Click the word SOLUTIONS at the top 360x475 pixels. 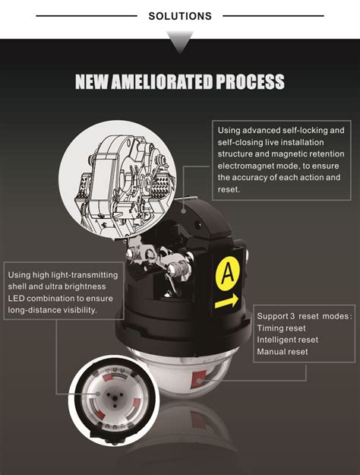[180, 16]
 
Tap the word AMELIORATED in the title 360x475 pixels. [162, 81]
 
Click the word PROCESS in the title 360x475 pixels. [250, 81]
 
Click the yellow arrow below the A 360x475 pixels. [226, 302]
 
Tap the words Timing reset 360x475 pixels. [281, 328]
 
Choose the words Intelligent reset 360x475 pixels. [288, 340]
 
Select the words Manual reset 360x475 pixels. [283, 352]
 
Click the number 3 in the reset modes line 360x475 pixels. [292, 316]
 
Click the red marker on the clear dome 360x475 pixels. [199, 378]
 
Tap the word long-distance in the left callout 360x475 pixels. [34, 310]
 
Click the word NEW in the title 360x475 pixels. [92, 81]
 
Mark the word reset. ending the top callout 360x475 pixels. [229, 190]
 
